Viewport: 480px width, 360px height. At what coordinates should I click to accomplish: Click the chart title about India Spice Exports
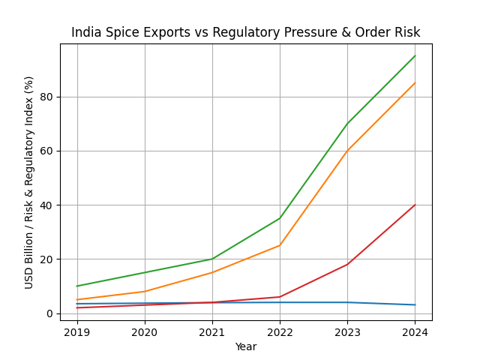coord(245,32)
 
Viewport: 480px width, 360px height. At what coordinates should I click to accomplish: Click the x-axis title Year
coord(245,346)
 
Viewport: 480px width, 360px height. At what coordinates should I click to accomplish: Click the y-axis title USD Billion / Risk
coord(29,182)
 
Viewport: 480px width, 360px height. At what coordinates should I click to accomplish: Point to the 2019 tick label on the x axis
coord(77,331)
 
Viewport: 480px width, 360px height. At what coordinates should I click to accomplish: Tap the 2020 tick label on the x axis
coord(145,331)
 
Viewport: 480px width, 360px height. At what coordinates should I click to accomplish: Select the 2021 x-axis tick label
coord(212,331)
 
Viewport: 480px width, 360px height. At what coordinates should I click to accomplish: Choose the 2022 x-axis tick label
coord(280,331)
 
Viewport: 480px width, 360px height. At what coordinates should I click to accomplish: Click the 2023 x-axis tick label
coord(347,331)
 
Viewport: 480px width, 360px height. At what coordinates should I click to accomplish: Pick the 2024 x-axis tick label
coord(415,331)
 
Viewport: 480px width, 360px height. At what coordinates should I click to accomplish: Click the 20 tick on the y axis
coord(47,259)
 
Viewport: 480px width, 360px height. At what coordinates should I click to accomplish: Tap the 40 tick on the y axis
coord(47,205)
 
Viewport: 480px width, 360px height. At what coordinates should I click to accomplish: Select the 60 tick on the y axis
coord(47,151)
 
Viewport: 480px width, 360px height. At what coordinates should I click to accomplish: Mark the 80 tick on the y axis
coord(47,97)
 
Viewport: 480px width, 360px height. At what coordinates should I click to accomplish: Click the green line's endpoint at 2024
coord(415,55)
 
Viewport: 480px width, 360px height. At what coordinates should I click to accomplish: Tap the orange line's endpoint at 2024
coord(415,83)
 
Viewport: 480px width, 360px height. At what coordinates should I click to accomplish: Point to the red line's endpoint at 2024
coord(415,205)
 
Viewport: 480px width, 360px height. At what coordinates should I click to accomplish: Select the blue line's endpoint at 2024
coord(415,304)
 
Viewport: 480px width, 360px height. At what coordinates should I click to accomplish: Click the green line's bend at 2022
coord(280,218)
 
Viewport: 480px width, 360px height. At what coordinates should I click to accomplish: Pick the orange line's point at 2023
coord(347,151)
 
